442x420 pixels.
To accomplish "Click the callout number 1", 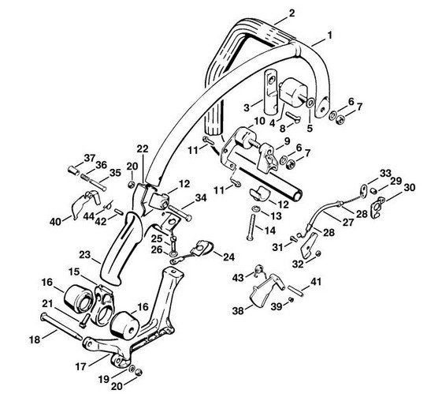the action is pos(329,36).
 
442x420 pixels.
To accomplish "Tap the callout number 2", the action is pos(292,13).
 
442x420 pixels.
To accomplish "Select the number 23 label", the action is pos(85,255).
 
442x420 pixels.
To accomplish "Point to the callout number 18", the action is pos(35,339).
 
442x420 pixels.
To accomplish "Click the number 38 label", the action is pos(238,311).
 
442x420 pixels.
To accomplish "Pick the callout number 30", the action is pos(410,187).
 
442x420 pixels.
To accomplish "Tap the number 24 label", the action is pos(228,257).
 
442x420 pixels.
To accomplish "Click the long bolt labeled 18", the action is pos(61,327).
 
